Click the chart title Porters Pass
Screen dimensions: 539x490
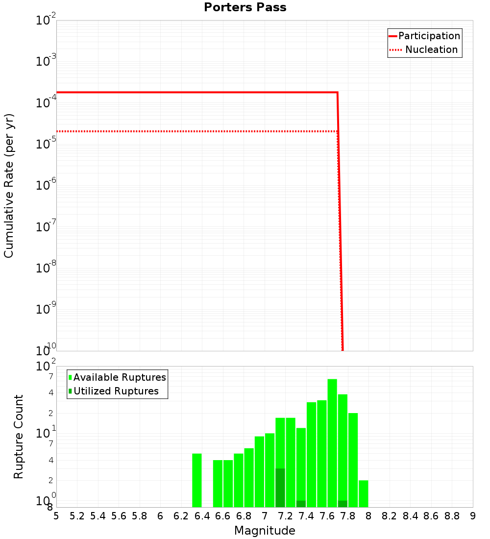tap(245, 7)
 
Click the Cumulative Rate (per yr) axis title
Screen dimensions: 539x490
tap(9, 185)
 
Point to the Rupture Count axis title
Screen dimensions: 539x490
tap(19, 437)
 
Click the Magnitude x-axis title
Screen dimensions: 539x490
tap(265, 531)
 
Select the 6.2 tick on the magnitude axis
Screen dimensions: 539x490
tap(181, 516)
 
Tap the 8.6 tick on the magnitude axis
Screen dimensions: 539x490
tap(431, 516)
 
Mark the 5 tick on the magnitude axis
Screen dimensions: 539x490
tap(56, 516)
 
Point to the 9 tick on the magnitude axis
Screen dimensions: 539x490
tap(473, 516)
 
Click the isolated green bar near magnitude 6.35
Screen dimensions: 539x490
tap(196, 480)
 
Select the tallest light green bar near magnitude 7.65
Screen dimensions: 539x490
tap(332, 441)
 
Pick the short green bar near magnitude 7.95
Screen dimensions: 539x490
tap(363, 494)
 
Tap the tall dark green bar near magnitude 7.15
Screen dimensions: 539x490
tap(280, 488)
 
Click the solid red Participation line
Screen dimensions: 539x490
tap(196, 92)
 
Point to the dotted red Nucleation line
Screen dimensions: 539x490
tap(196, 131)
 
